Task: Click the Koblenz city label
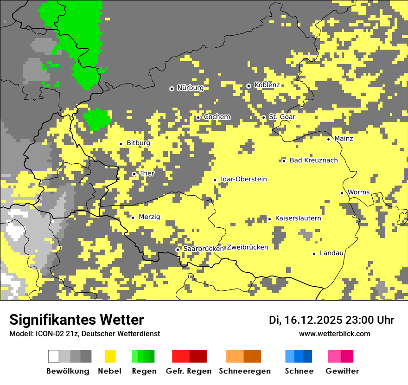click(x=267, y=85)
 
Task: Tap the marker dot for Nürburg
click(x=172, y=88)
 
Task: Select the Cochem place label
click(x=217, y=117)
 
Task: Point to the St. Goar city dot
click(x=263, y=117)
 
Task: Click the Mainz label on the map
click(x=344, y=139)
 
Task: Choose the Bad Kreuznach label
click(x=313, y=160)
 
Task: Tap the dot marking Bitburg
click(x=121, y=144)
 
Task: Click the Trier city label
click(x=147, y=173)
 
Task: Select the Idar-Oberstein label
click(x=244, y=179)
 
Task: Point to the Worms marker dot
click(x=342, y=193)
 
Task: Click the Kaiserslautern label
click(x=298, y=218)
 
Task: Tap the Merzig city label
click(x=149, y=217)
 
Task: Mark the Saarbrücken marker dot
click(x=178, y=250)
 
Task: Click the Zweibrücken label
click(x=248, y=247)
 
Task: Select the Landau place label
click(x=331, y=253)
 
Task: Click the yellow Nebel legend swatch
click(x=110, y=356)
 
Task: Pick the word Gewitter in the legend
click(x=342, y=371)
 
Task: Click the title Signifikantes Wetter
click(x=76, y=320)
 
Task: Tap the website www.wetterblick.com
click(x=334, y=334)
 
